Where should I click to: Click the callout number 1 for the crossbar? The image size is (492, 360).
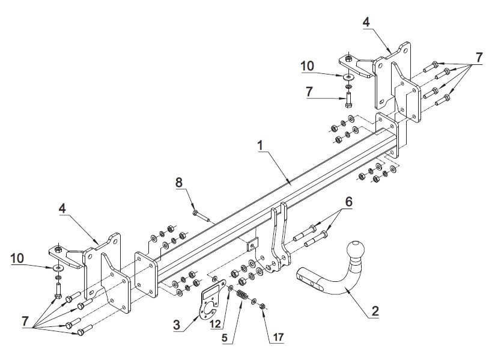pos(260,145)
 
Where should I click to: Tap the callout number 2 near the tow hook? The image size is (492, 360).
pos(375,311)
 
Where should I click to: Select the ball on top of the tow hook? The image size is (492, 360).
pos(356,249)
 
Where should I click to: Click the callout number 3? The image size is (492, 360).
pos(177,325)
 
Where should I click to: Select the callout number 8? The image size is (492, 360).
pos(179,182)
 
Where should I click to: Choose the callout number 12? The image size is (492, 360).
pos(216,323)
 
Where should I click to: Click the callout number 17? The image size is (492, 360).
pos(278,337)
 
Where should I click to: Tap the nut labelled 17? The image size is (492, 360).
pos(263,306)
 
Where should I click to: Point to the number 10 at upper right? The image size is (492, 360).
pos(307,66)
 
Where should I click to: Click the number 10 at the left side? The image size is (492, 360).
pos(17,258)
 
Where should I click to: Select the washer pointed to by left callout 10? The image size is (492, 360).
pos(58,268)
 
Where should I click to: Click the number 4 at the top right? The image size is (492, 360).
pos(366,22)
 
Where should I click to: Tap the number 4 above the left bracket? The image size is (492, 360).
pos(62,208)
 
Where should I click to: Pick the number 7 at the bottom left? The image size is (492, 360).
pos(25,321)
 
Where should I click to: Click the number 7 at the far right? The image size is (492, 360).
pos(479,58)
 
